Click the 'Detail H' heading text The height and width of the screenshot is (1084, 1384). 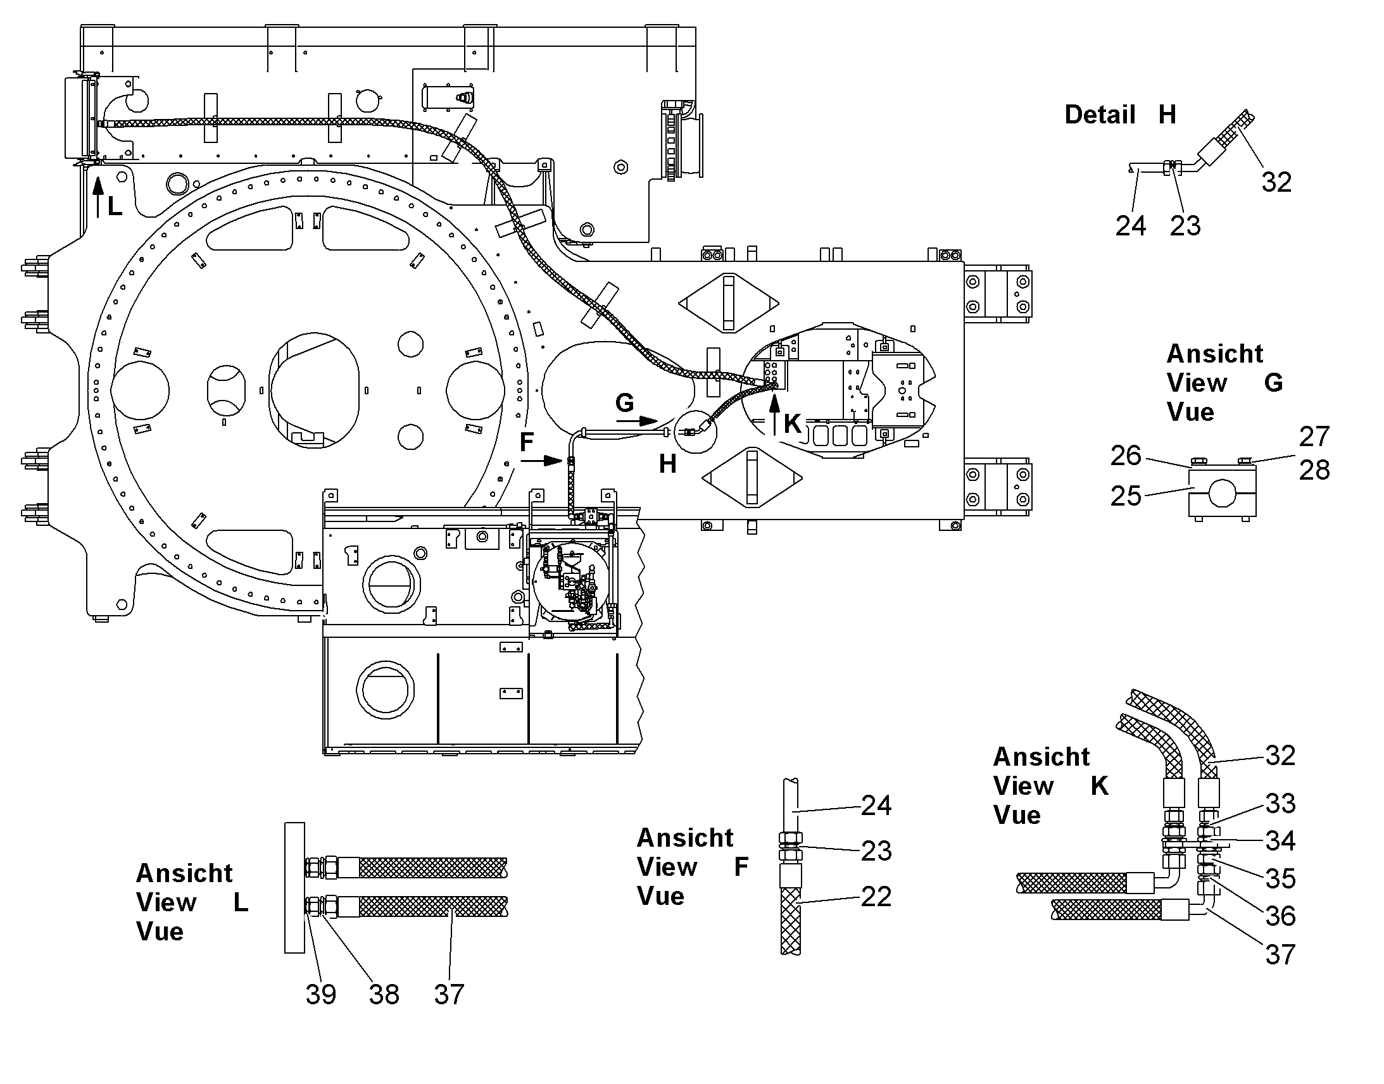pyautogui.click(x=1120, y=115)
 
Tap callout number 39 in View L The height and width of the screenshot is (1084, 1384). pyautogui.click(x=320, y=994)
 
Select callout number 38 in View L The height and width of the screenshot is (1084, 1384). pyautogui.click(x=384, y=994)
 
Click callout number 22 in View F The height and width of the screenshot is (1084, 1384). pyautogui.click(x=876, y=896)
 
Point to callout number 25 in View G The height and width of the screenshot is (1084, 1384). pyautogui.click(x=1126, y=495)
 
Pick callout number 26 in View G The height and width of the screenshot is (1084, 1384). pyautogui.click(x=1126, y=455)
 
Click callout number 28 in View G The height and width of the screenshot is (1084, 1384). pyautogui.click(x=1314, y=470)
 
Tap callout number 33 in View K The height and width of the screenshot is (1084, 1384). pyautogui.click(x=1281, y=804)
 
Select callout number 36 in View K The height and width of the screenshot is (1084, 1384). pyautogui.click(x=1281, y=916)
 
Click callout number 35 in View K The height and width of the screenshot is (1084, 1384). pyautogui.click(x=1281, y=878)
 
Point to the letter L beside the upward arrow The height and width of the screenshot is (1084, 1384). pyautogui.click(x=115, y=206)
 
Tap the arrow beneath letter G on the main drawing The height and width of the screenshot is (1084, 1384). pyautogui.click(x=637, y=421)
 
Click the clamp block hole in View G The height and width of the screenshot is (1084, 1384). pyautogui.click(x=1221, y=493)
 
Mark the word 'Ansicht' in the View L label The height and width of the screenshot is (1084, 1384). pyautogui.click(x=184, y=873)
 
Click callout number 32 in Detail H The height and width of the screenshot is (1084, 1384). pyautogui.click(x=1276, y=182)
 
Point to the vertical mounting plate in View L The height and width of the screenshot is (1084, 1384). pyautogui.click(x=294, y=887)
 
